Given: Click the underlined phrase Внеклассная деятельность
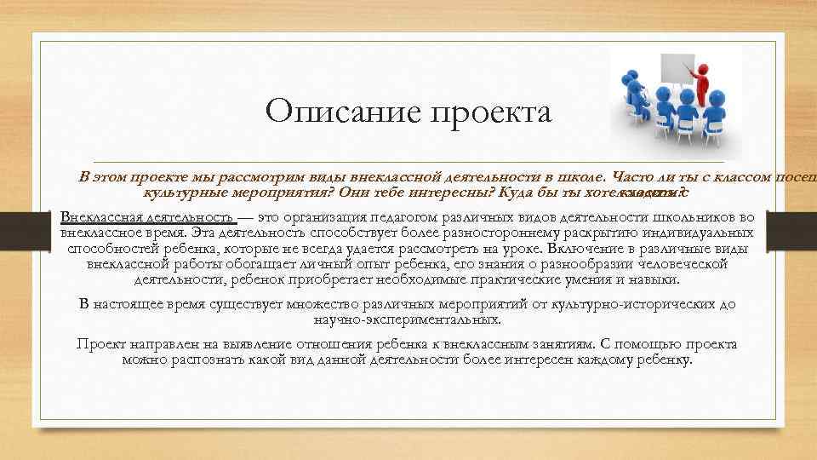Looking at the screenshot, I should (146, 216).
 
